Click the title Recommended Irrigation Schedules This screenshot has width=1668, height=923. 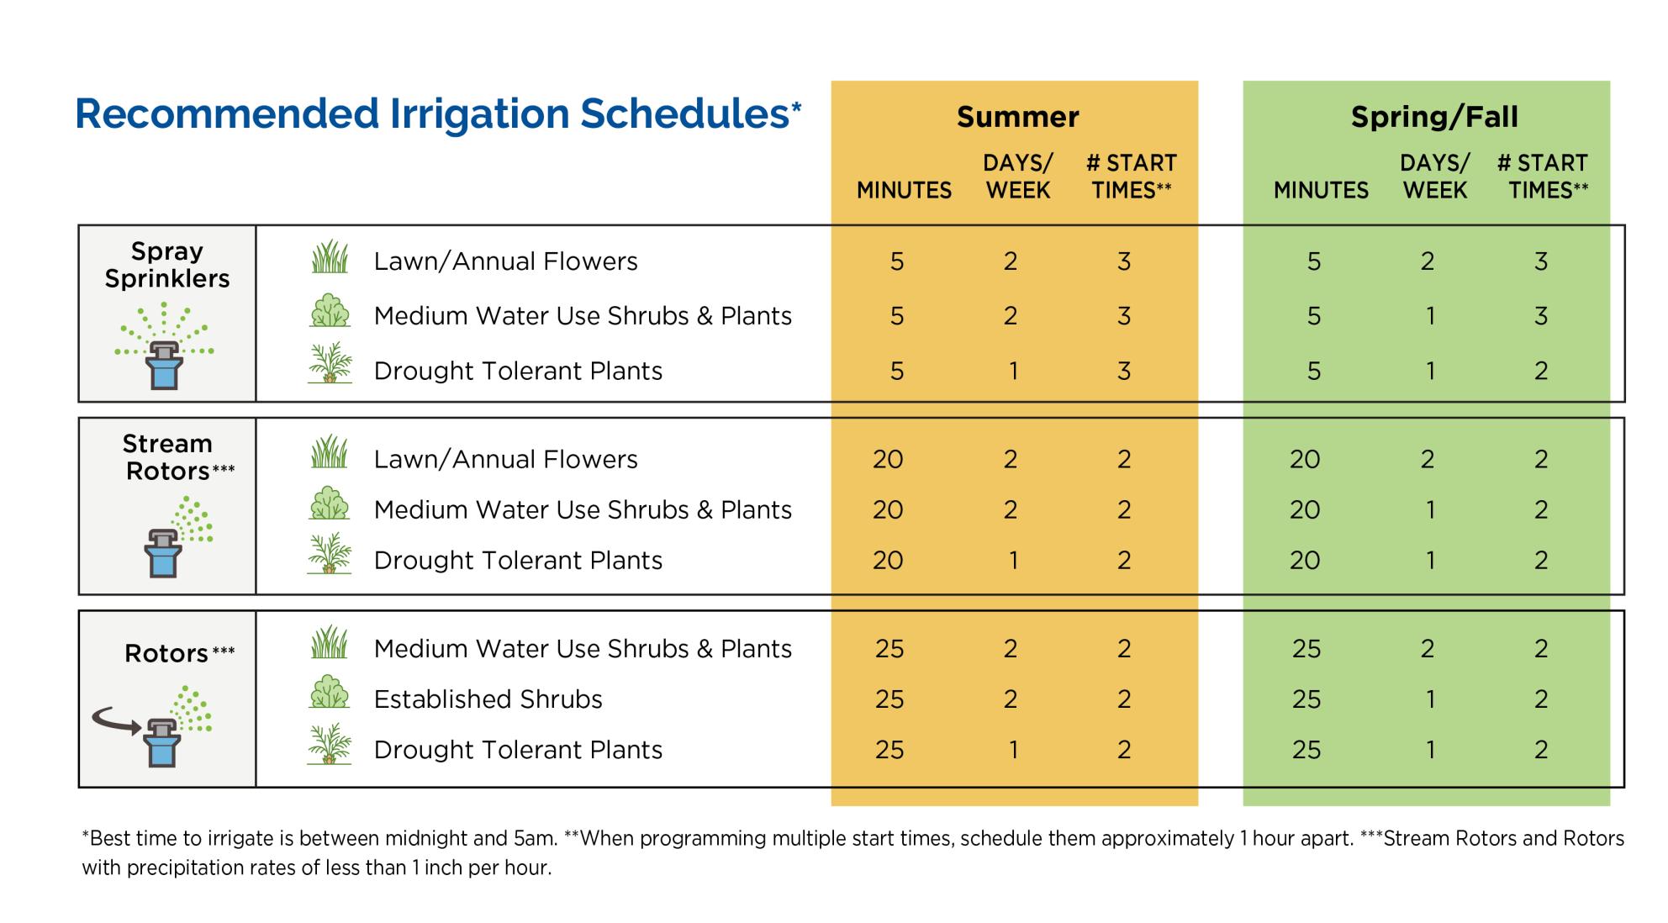point(437,114)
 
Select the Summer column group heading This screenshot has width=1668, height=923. point(1017,117)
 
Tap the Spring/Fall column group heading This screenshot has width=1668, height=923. point(1434,117)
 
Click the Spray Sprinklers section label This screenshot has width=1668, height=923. point(166,265)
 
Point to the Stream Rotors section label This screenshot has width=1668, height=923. point(172,457)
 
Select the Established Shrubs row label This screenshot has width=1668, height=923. point(488,699)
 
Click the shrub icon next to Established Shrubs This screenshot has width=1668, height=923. point(330,693)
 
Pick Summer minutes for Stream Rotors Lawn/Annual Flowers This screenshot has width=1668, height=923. point(888,460)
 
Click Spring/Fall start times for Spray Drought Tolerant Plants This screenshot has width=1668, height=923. point(1540,372)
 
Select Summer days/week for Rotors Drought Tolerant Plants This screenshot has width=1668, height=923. point(1013,750)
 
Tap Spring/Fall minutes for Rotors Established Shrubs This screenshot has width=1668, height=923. point(1306,699)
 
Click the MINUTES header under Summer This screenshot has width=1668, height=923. point(904,191)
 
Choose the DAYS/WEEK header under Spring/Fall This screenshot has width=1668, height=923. point(1434,177)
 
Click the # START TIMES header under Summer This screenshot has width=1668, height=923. point(1132,177)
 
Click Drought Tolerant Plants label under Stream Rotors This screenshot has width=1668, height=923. point(518,561)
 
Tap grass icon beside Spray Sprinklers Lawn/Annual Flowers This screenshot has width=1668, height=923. point(330,257)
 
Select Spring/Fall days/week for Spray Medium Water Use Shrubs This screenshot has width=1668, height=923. point(1430,317)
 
